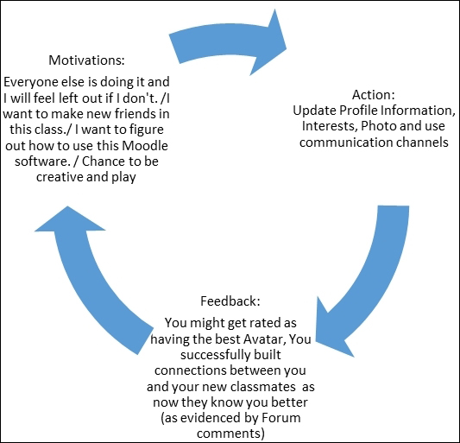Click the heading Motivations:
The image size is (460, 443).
(x=86, y=60)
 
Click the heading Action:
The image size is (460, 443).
(x=374, y=95)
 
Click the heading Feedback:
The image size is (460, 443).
(x=230, y=301)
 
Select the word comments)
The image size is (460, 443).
(x=230, y=434)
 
